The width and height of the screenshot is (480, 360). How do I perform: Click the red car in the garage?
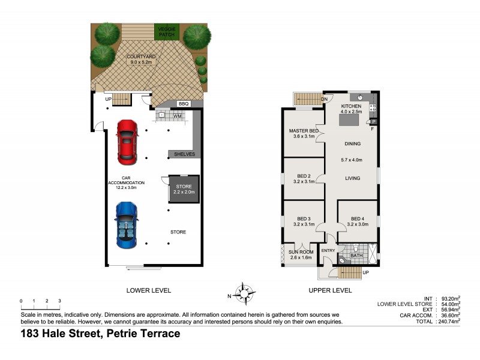(x=127, y=142)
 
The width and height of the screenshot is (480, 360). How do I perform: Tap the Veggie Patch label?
(x=166, y=32)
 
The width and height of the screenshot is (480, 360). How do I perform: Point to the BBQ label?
(x=183, y=104)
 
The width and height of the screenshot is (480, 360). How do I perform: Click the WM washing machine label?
(x=178, y=115)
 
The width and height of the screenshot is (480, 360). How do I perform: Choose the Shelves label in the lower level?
(x=184, y=154)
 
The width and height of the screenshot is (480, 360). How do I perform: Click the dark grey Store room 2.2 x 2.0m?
(x=184, y=190)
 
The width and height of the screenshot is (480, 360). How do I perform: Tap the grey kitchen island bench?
(x=349, y=120)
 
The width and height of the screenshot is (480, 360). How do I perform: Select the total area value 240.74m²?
(x=448, y=321)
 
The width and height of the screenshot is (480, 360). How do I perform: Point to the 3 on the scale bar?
(x=59, y=301)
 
